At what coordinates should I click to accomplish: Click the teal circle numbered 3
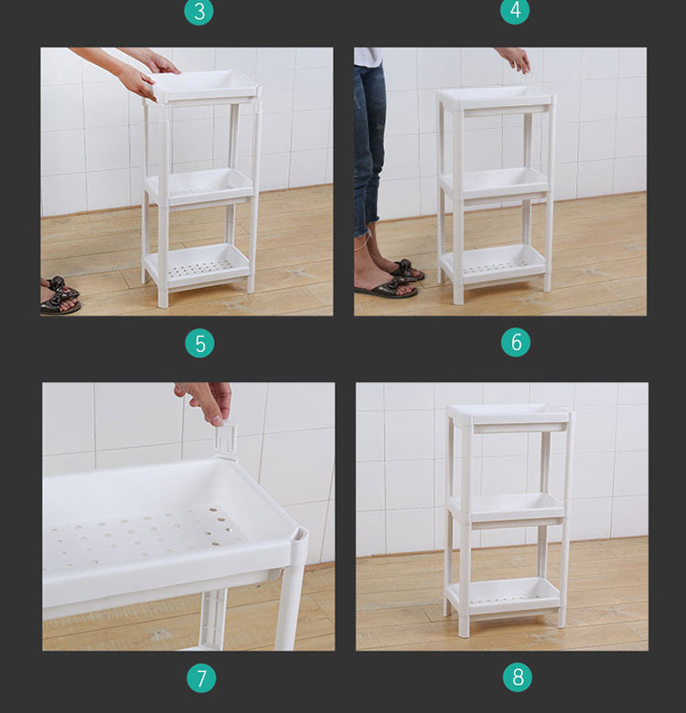click(x=198, y=11)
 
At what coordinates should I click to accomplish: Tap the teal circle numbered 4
click(x=514, y=10)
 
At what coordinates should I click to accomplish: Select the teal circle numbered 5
click(x=199, y=344)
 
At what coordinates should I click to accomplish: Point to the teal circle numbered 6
click(x=516, y=342)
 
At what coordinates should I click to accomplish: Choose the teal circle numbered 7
click(x=201, y=678)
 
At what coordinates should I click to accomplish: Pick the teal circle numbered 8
click(x=518, y=677)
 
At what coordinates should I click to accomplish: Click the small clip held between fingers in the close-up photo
click(x=226, y=442)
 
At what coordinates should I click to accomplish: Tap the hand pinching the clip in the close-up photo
click(x=205, y=401)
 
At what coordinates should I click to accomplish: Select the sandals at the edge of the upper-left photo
click(x=59, y=295)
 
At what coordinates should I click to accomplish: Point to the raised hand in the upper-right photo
click(x=517, y=59)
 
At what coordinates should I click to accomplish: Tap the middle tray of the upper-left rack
click(x=198, y=186)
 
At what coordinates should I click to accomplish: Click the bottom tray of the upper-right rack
click(x=494, y=266)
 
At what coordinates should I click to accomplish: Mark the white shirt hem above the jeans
click(x=368, y=57)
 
